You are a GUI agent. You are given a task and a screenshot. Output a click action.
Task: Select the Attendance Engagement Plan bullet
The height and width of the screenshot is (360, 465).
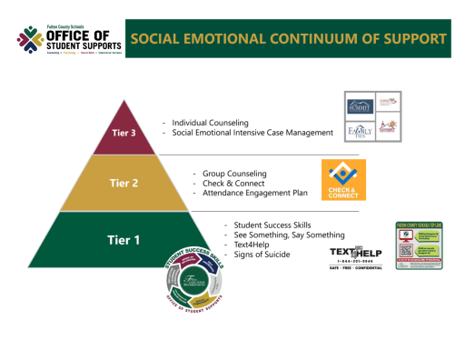[x=252, y=193]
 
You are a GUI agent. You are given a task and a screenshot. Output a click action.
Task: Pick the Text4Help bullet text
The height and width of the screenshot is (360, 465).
[x=252, y=245]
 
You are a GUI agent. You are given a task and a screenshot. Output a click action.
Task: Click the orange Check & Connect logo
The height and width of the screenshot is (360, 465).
[x=344, y=180]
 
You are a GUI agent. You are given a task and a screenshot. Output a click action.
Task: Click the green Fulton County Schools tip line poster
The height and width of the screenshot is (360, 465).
[x=418, y=246]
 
